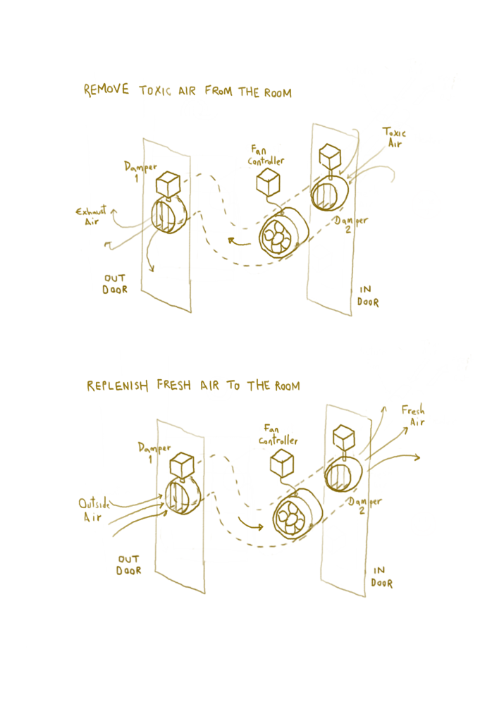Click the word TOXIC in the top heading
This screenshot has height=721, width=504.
click(155, 91)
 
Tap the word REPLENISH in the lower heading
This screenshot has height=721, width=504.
click(117, 386)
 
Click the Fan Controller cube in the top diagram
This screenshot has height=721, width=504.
click(268, 181)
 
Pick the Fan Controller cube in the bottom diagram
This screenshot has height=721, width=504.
click(282, 462)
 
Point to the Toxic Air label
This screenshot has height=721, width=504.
click(394, 137)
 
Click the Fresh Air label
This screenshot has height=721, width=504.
click(413, 416)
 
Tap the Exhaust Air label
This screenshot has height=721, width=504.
click(91, 215)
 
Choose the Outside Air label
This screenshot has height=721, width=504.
click(94, 510)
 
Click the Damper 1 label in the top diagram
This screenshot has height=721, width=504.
click(140, 171)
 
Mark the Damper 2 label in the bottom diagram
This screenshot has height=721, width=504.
click(364, 505)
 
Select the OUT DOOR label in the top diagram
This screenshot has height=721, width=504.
click(115, 284)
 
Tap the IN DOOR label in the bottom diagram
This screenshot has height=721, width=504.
click(381, 577)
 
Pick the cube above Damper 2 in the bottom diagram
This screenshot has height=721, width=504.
click(343, 439)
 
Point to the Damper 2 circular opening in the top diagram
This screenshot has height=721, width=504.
click(329, 193)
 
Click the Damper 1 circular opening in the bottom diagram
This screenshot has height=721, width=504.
click(183, 496)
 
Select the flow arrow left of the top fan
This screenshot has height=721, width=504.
click(240, 242)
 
